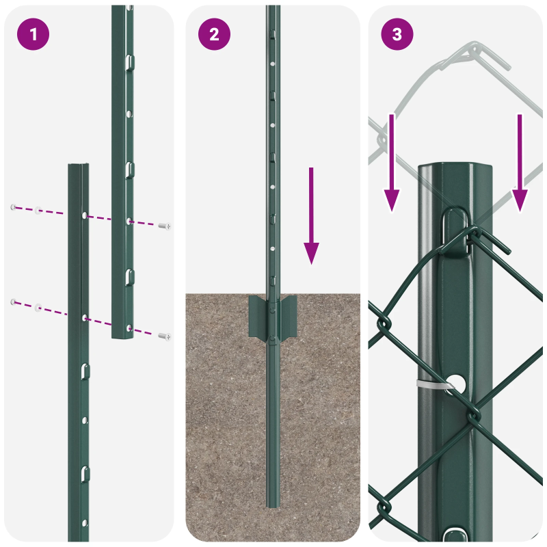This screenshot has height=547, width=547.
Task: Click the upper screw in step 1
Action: [x=164, y=225]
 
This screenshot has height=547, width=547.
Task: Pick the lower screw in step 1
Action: [x=164, y=336]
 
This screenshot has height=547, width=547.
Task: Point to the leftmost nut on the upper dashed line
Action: [x=12, y=206]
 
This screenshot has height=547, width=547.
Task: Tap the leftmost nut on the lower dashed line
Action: [x=12, y=302]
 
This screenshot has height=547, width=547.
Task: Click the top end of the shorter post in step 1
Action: [x=78, y=167]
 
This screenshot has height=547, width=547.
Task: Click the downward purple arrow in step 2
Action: [x=311, y=215]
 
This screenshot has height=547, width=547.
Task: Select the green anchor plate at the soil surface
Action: [x=273, y=318]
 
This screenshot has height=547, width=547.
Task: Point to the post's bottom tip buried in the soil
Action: [x=273, y=504]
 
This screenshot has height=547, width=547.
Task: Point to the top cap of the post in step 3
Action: [x=455, y=168]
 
